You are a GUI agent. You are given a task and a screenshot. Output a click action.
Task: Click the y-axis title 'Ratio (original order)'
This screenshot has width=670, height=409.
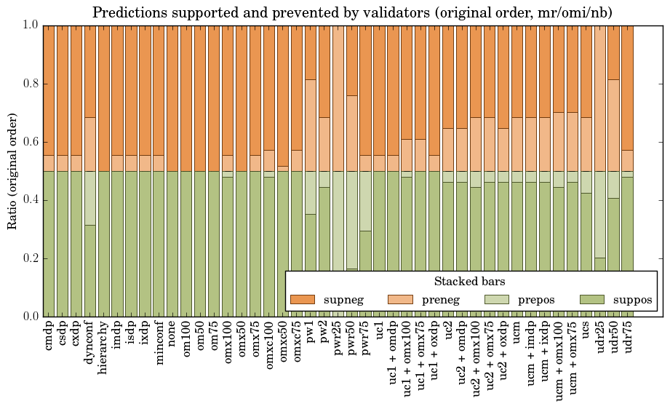[x=12, y=170]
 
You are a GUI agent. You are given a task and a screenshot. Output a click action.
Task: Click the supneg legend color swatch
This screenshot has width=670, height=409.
[x=303, y=300]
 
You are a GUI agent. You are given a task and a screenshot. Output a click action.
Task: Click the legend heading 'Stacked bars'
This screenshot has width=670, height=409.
[x=470, y=282]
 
